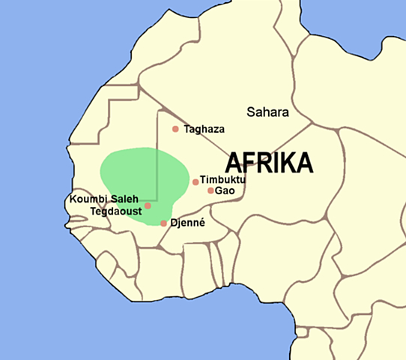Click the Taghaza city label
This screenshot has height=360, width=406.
pyautogui.click(x=204, y=129)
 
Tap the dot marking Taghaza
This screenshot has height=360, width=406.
pyautogui.click(x=175, y=129)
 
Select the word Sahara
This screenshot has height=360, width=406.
pyautogui.click(x=267, y=112)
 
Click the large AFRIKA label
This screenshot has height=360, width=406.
pyautogui.click(x=269, y=162)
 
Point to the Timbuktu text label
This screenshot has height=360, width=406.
pyautogui.click(x=223, y=180)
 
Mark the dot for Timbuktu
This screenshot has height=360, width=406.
pyautogui.click(x=196, y=181)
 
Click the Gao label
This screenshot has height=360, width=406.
pyautogui.click(x=225, y=190)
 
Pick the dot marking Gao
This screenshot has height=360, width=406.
pyautogui.click(x=210, y=190)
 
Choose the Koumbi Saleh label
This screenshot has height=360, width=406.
pyautogui.click(x=104, y=199)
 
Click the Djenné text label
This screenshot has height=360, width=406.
pyautogui.click(x=187, y=223)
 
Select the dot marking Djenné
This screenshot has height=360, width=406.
pyautogui.click(x=163, y=223)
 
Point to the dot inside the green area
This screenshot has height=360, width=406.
pyautogui.click(x=148, y=205)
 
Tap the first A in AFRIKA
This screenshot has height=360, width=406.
pyautogui.click(x=234, y=162)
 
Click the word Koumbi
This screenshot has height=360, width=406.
pyautogui.click(x=89, y=199)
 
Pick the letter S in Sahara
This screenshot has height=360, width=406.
pyautogui.click(x=251, y=112)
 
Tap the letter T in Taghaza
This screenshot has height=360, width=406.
pyautogui.click(x=187, y=129)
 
